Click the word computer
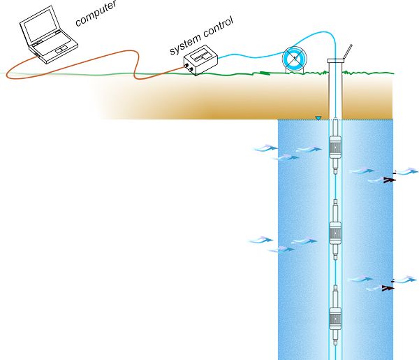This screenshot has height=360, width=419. tap(96, 14)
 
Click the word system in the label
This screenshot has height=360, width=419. tap(185, 45)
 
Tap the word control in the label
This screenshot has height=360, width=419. tap(218, 27)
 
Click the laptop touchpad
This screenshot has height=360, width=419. tap(61, 50)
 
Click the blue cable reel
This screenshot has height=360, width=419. tap(295, 59)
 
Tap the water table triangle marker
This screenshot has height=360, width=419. tap(318, 118)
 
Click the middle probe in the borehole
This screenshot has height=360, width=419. tap(335, 230)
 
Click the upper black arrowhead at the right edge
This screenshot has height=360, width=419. tap(390, 180)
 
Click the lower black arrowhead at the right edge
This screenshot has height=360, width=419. tap(388, 288)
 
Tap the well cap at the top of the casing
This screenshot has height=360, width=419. tap(336, 61)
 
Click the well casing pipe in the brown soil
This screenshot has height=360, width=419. tap(335, 90)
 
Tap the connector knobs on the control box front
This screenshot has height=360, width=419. tap(188, 67)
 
